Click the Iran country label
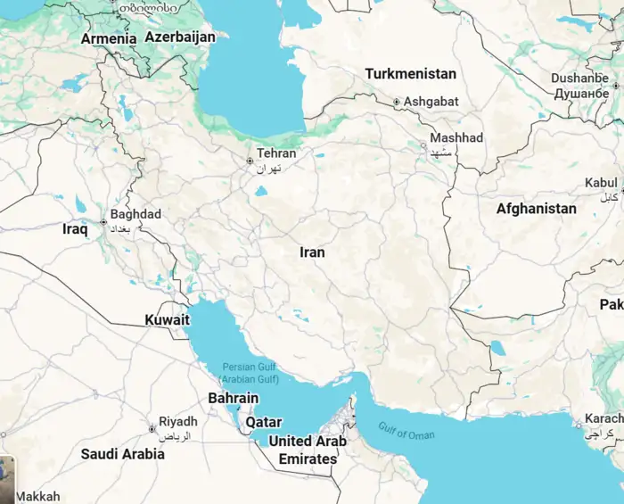(x=312, y=252)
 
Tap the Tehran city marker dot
(x=250, y=161)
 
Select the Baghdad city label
(x=136, y=214)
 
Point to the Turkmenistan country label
(x=411, y=74)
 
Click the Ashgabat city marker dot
(x=397, y=103)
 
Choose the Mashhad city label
(x=456, y=138)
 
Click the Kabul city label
(x=600, y=183)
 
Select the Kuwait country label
(x=168, y=320)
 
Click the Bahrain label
(x=234, y=399)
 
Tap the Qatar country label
(x=264, y=422)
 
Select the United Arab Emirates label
(x=308, y=450)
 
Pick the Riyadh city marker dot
(x=152, y=429)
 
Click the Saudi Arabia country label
(x=123, y=454)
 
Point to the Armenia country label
(x=109, y=39)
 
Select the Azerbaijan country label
(x=180, y=37)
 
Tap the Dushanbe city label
(x=579, y=78)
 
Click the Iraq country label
(x=75, y=229)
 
